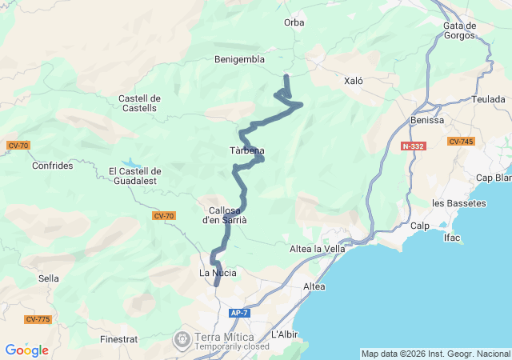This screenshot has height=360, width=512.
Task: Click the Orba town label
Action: pos(294,22)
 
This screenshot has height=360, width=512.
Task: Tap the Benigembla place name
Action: pos(240,59)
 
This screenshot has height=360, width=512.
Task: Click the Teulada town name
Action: pos(489,100)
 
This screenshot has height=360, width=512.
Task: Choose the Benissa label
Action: pos(426,120)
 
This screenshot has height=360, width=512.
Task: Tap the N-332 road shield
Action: pos(414,146)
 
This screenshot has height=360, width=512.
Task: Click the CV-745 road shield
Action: pos(461,142)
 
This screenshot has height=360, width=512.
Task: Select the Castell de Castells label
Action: pos(140,103)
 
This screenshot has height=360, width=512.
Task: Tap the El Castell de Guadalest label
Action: pos(135,176)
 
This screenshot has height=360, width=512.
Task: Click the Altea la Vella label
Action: pos(317,250)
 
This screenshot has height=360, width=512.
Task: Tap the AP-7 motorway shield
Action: pos(239,313)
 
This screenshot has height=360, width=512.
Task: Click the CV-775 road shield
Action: pos(38,319)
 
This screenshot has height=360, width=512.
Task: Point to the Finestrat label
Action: pos(119,339)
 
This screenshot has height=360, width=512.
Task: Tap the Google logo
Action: pos(26,350)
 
